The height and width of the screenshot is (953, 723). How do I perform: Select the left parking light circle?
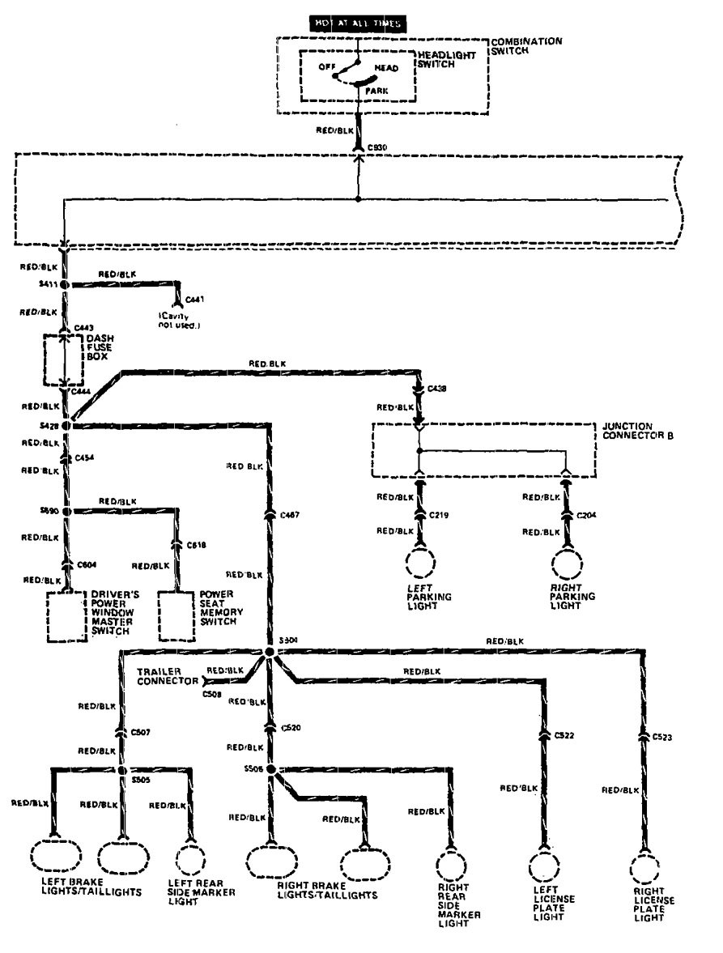pyautogui.click(x=419, y=564)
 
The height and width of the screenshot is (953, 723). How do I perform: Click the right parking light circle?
pyautogui.click(x=565, y=564)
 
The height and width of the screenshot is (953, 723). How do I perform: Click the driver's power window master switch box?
pyautogui.click(x=66, y=615)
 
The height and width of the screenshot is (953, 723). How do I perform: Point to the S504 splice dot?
pyautogui.click(x=270, y=652)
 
